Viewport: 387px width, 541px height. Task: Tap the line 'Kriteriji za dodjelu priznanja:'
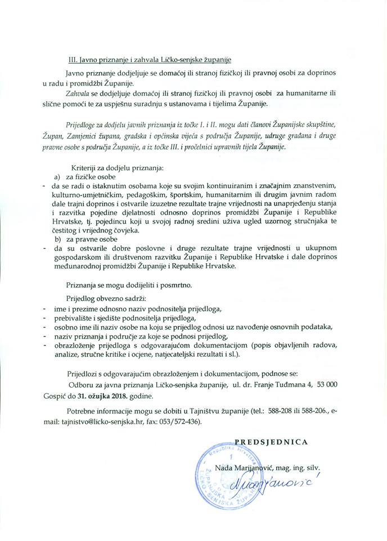click(x=118, y=167)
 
